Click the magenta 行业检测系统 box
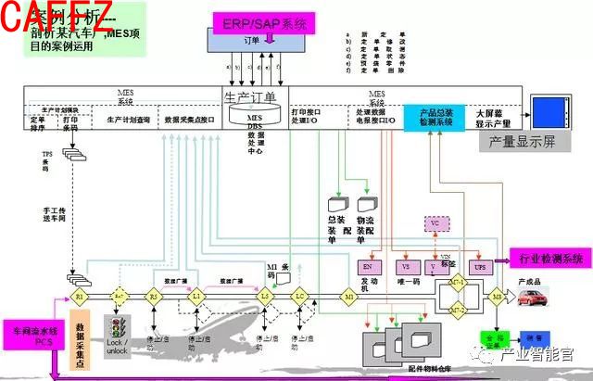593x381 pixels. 551,257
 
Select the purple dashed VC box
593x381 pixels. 436,223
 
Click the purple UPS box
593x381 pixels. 479,266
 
